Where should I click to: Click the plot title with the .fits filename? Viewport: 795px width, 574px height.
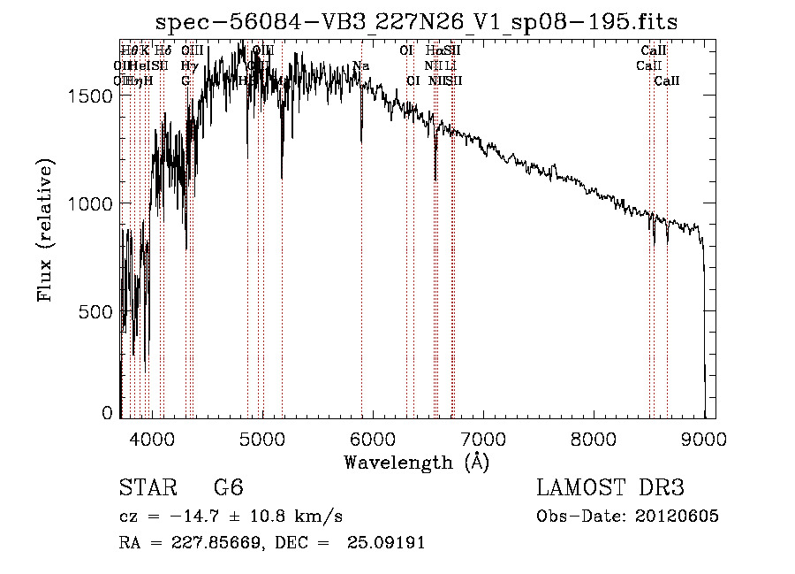click(x=417, y=23)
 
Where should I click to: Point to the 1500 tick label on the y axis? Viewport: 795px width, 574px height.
click(x=91, y=96)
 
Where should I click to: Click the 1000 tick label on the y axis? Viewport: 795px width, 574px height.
click(x=91, y=203)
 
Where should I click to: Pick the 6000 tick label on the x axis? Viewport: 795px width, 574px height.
click(x=373, y=437)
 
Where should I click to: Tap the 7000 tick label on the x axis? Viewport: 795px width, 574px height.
click(x=483, y=437)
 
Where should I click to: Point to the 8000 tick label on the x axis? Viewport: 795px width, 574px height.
click(x=594, y=437)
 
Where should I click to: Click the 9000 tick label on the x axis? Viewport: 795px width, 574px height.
click(x=704, y=437)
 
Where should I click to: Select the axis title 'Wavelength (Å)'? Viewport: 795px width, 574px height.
click(x=416, y=462)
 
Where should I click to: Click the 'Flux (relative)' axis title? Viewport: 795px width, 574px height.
click(x=45, y=231)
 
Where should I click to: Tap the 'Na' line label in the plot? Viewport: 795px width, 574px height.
click(x=360, y=66)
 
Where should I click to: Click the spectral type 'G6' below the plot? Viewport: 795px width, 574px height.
click(x=228, y=488)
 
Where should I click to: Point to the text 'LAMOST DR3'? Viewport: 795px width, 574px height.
click(x=610, y=488)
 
